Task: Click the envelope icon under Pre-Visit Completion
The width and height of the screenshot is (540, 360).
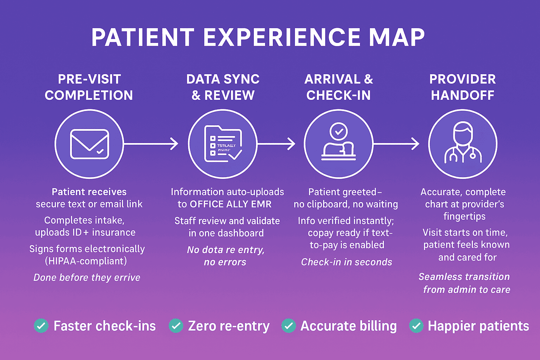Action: tap(89, 144)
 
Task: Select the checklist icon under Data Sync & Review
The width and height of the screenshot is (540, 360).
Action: tap(223, 144)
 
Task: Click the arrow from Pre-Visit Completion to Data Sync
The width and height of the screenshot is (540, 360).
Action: tap(151, 144)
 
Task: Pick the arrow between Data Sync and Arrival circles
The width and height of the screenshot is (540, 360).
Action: tap(276, 144)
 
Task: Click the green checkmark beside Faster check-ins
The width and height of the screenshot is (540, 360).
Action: tap(41, 326)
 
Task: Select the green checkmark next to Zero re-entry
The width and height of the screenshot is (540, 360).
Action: tap(176, 326)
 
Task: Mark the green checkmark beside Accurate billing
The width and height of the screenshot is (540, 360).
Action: tap(289, 326)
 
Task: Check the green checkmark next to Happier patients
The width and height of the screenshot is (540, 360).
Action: tap(416, 326)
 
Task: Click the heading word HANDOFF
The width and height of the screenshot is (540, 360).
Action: tap(463, 95)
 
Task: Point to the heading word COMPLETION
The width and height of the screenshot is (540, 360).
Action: tap(89, 95)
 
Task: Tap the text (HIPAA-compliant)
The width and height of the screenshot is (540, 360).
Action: tap(86, 261)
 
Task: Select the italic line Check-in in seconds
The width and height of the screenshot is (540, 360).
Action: tap(347, 262)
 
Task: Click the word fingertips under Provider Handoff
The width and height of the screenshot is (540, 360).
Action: tap(464, 217)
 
